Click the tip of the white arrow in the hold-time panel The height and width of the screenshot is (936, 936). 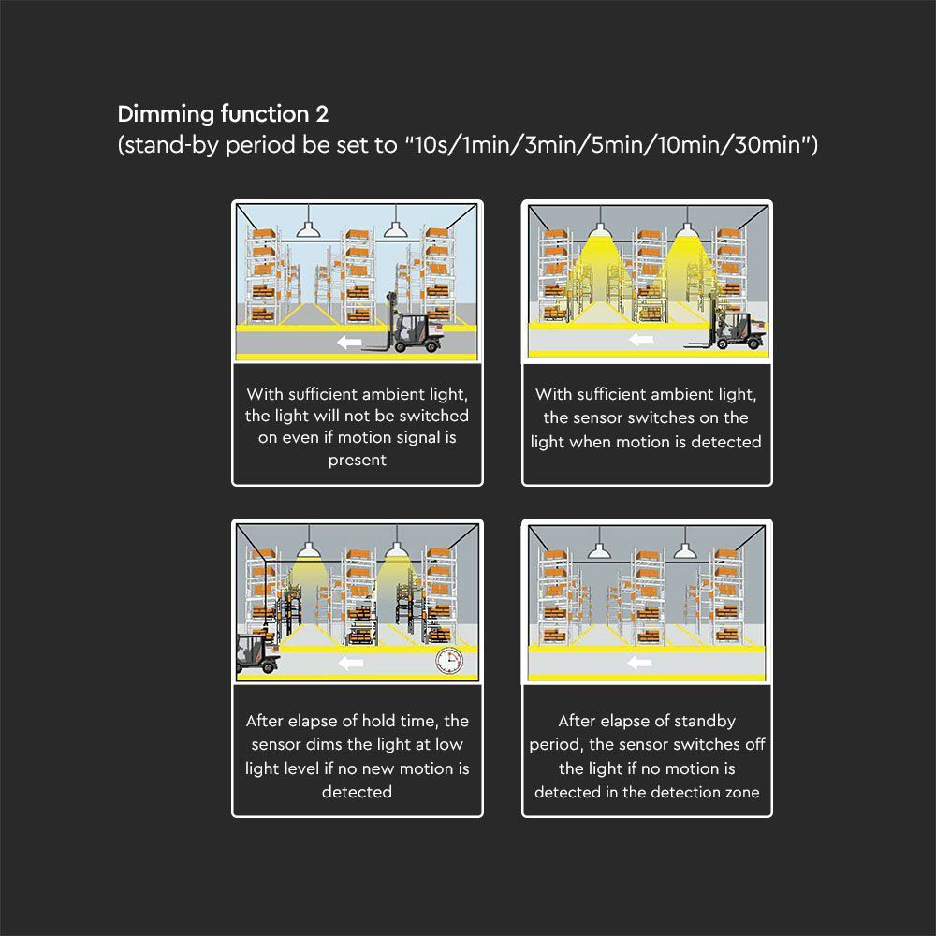pyautogui.click(x=338, y=663)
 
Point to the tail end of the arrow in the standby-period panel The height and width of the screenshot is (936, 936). pyautogui.click(x=651, y=663)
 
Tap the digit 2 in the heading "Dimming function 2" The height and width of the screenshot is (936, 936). pyautogui.click(x=322, y=114)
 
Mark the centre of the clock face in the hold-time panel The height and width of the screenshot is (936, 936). pyautogui.click(x=449, y=661)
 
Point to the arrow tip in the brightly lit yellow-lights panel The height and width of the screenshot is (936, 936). pyautogui.click(x=629, y=340)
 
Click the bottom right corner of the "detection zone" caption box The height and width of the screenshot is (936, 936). pyautogui.click(x=772, y=816)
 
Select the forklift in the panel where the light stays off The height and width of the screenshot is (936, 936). pyautogui.click(x=402, y=323)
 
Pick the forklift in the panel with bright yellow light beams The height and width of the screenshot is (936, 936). pyautogui.click(x=724, y=328)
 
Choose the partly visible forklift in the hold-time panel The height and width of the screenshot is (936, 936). pyautogui.click(x=258, y=652)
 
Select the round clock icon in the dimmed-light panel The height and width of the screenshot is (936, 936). pyautogui.click(x=449, y=661)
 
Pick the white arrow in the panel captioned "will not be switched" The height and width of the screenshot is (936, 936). pyautogui.click(x=349, y=343)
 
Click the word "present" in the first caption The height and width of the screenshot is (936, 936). pyautogui.click(x=357, y=461)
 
